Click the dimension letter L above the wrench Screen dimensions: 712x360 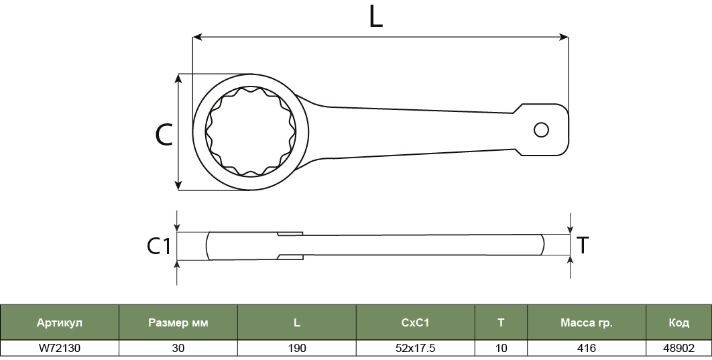coord(375,17)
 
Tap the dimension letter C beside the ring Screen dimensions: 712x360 coord(164,135)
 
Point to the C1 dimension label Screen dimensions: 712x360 coord(158,246)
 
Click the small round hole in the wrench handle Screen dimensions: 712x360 coord(541,130)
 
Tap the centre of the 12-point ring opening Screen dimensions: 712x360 coord(251,131)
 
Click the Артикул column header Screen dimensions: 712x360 coord(60,322)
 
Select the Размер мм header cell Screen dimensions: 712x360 coord(178,322)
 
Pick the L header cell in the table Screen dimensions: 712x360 coord(296,322)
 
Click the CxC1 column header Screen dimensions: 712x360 coord(415,322)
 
